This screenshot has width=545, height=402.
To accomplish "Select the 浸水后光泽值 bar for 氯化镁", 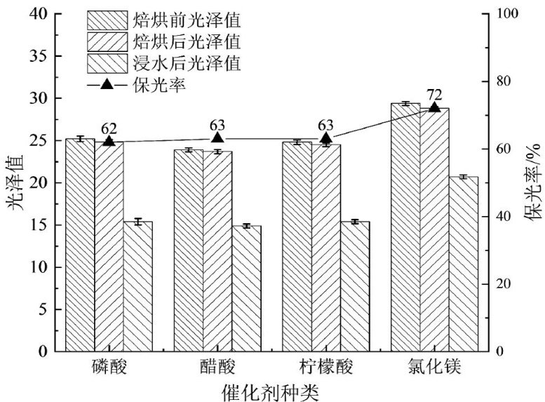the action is (x=464, y=263).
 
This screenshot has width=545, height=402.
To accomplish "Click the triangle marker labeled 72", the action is (x=434, y=107).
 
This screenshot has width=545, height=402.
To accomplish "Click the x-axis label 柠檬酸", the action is (x=325, y=367).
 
